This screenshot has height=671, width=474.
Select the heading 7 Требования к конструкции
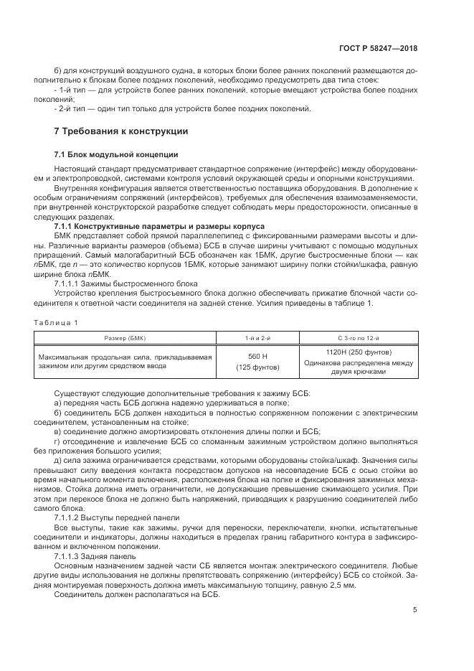click(x=121, y=131)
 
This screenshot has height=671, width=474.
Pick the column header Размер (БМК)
click(x=124, y=337)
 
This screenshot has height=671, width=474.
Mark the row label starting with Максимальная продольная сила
click(x=125, y=361)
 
